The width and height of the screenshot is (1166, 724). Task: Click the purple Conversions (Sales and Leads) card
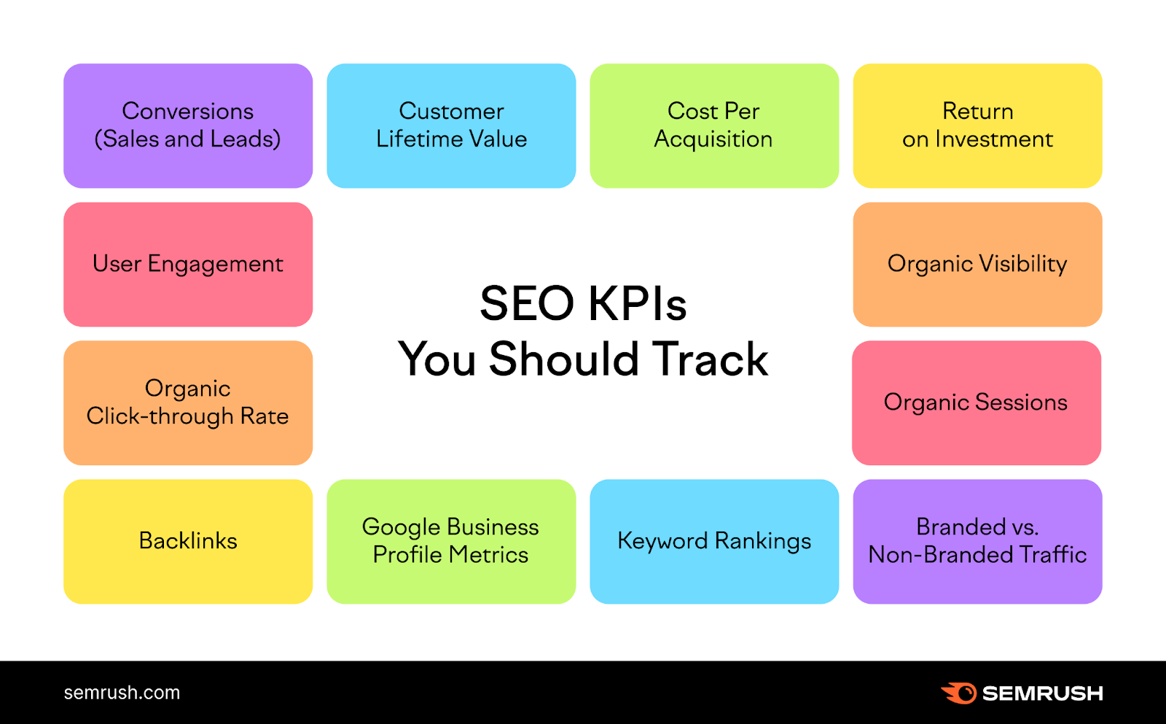tap(188, 125)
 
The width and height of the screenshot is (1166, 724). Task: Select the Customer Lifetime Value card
tap(451, 125)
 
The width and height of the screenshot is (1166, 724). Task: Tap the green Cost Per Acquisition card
tap(714, 125)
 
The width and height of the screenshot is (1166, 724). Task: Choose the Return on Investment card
tap(977, 125)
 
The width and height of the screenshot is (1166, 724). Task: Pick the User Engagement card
tap(188, 264)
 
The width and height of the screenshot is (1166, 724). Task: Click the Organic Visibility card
tap(977, 264)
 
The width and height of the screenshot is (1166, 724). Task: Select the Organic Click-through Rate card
tap(188, 402)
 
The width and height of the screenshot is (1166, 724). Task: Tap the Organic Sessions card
tap(977, 402)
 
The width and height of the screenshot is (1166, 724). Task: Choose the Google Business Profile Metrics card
tap(451, 541)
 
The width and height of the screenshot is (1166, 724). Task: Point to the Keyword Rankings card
tap(714, 541)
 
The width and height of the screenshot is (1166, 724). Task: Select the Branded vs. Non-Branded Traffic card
tap(977, 541)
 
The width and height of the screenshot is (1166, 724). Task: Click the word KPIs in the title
tap(637, 303)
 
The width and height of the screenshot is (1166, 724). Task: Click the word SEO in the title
tap(527, 303)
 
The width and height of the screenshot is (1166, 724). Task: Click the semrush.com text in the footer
tap(122, 693)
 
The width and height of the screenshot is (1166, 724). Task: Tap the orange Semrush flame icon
tap(959, 693)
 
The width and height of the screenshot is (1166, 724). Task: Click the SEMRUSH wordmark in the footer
tap(1042, 693)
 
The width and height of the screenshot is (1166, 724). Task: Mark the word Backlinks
tap(188, 541)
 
